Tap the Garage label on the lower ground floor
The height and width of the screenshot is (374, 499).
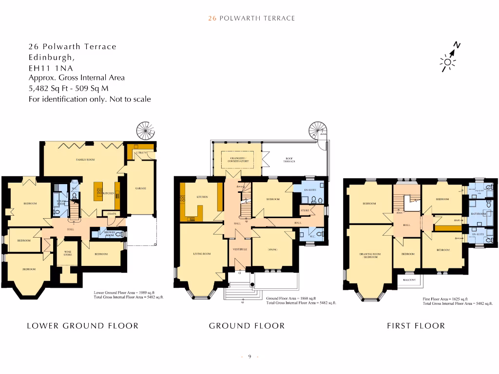tap(140, 188)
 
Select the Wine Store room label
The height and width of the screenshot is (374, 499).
tap(67, 253)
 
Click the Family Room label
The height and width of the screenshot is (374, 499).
tap(85, 160)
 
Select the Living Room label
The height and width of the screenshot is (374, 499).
tap(202, 254)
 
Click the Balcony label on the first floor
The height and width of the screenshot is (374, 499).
tap(408, 280)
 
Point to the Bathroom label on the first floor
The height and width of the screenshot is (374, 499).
tap(479, 214)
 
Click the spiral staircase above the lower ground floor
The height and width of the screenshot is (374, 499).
tap(146, 131)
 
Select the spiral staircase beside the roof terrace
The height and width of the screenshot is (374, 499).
tap(318, 131)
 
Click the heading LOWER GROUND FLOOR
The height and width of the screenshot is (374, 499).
tap(82, 326)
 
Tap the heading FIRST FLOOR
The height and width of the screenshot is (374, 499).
tap(416, 326)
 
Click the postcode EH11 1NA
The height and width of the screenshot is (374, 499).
tap(51, 68)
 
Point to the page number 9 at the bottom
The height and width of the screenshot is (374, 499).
tap(249, 357)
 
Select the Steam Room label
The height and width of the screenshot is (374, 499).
tap(61, 202)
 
